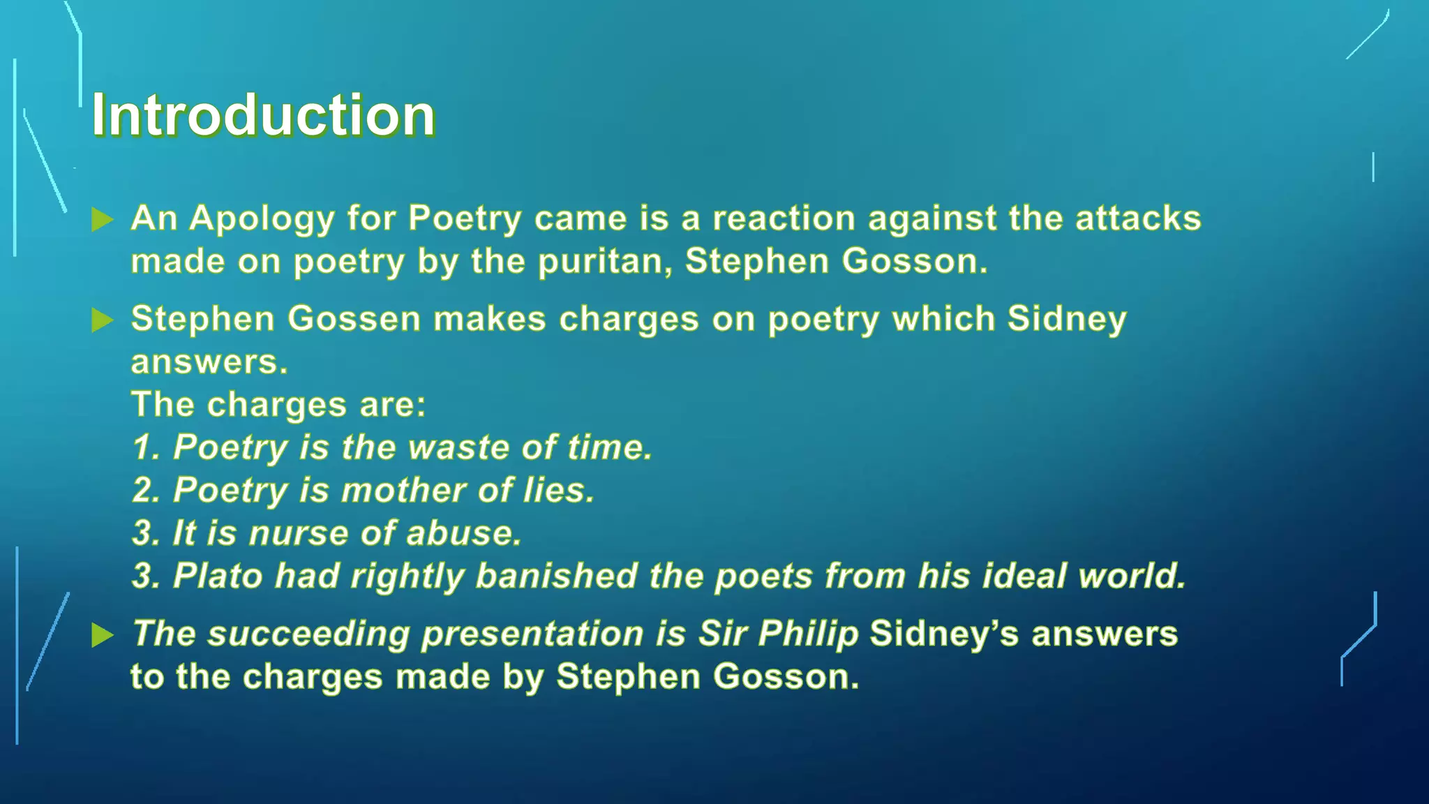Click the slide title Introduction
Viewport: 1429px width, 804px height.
pos(263,114)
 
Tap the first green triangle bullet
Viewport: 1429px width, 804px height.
pos(103,220)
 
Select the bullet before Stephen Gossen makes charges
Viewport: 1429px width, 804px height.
pos(103,320)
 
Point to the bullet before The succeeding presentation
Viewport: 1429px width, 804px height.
pos(103,635)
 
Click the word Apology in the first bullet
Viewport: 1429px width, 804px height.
pos(262,219)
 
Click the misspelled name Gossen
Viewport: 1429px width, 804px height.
pos(354,319)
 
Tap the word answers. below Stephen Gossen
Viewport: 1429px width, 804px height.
pos(209,362)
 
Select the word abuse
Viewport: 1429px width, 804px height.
pos(463,533)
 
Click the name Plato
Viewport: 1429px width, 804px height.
pos(218,576)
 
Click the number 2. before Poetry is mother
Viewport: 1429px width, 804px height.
pos(147,490)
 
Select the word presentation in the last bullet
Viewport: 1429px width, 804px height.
pos(532,634)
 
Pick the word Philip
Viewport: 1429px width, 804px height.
pos(808,634)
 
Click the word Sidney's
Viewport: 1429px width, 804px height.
pos(944,634)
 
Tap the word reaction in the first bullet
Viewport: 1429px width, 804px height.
pos(784,219)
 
